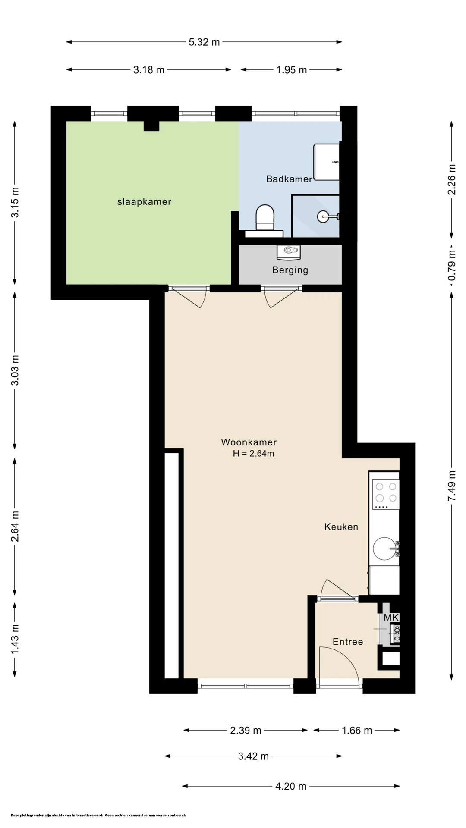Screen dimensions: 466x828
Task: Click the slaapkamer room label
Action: (x=144, y=202)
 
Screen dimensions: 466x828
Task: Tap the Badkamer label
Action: (x=289, y=179)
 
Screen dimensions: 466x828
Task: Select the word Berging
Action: (x=290, y=270)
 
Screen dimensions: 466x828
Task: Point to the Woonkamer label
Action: (x=249, y=442)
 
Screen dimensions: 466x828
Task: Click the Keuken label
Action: (x=341, y=527)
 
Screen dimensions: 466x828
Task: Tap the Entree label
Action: (x=348, y=642)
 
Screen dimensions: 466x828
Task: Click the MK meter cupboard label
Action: (x=391, y=618)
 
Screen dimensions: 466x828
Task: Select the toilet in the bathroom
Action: (x=265, y=217)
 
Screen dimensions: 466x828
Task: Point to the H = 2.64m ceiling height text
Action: (x=253, y=454)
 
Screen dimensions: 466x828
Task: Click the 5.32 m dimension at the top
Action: (x=204, y=42)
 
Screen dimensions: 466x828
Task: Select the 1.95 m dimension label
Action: (x=292, y=70)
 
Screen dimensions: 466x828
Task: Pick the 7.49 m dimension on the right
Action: (x=452, y=486)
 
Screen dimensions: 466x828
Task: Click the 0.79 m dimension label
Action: (x=452, y=265)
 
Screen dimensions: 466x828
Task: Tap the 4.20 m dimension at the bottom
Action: (x=291, y=786)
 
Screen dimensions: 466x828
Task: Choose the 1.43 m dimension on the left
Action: (x=15, y=639)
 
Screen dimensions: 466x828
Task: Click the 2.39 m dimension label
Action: (x=246, y=730)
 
